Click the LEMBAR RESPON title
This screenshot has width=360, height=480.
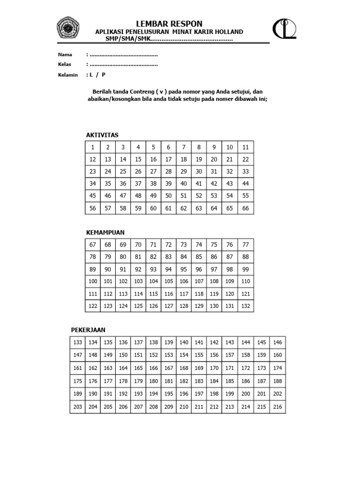pos(169,24)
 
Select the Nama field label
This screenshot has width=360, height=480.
pos(65,54)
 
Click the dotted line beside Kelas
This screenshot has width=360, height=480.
pos(123,64)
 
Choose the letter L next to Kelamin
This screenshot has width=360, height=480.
pos(91,75)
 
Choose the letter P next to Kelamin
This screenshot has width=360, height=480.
pos(104,75)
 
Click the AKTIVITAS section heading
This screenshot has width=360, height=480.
pos(102,135)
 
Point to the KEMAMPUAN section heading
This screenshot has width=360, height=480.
pos(105,232)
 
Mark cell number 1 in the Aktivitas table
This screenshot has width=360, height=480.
pos(93,147)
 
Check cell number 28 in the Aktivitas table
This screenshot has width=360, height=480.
pos(169,172)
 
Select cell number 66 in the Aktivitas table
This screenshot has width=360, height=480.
pos(246,208)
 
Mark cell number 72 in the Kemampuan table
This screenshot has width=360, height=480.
pos(169,245)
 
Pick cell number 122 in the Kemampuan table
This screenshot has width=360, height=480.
pos(93,306)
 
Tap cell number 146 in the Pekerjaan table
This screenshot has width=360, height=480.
pos(277,343)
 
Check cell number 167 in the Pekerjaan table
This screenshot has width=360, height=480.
pos(169,368)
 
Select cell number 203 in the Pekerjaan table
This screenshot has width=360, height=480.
pos(78,407)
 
